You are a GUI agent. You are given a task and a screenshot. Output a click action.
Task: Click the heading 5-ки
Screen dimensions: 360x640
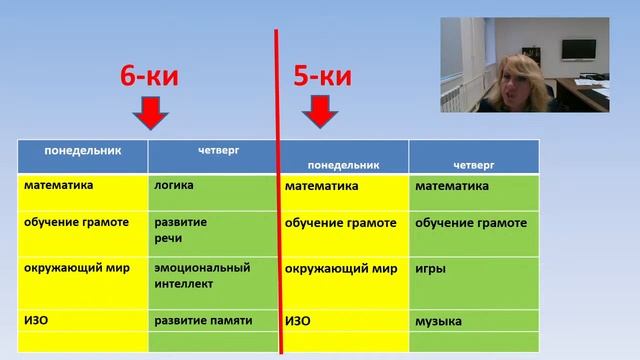[321, 75]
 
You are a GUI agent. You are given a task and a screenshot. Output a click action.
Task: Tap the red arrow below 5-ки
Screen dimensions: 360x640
[319, 113]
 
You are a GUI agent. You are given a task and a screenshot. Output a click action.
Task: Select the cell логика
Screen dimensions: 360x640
[174, 185]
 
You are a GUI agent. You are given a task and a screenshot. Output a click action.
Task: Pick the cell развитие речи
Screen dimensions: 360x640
[181, 228]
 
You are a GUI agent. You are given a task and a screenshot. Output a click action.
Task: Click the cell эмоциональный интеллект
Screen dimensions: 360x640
[201, 275]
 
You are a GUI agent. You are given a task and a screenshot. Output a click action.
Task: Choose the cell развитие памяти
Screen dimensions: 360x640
[203, 320]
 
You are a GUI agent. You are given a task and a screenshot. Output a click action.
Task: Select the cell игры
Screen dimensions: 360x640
[431, 269]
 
